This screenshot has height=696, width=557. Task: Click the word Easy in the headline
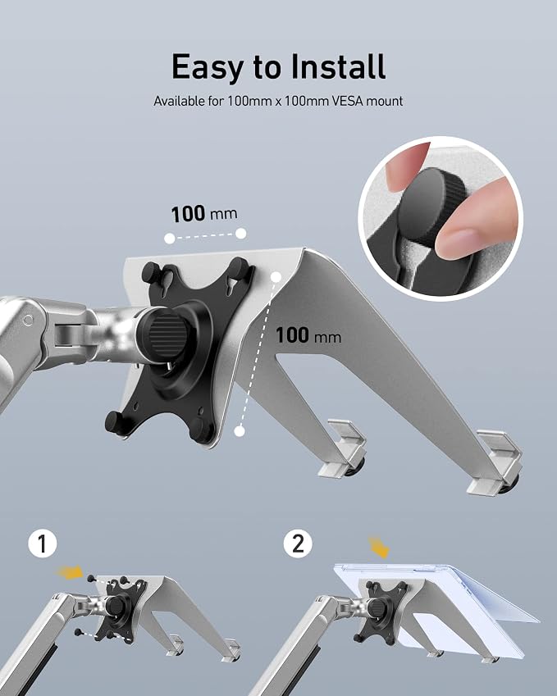point(207,67)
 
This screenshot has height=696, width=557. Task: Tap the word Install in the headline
point(338,66)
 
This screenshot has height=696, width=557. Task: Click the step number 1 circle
point(43,544)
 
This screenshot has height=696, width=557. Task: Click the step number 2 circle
point(298,544)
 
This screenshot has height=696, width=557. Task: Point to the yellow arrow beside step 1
point(70,572)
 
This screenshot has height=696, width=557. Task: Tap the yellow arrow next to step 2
point(379,547)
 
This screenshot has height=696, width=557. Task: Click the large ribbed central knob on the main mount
point(167,330)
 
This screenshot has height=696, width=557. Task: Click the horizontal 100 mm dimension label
point(204,214)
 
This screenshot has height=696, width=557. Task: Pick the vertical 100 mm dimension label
point(308,335)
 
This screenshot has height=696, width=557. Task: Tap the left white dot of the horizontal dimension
point(169,239)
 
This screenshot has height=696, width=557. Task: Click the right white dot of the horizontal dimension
point(240,234)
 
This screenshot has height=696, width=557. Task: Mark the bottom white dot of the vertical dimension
point(240,430)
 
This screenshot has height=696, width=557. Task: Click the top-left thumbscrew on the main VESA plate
point(151,272)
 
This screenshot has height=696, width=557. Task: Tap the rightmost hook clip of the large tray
point(495,462)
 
